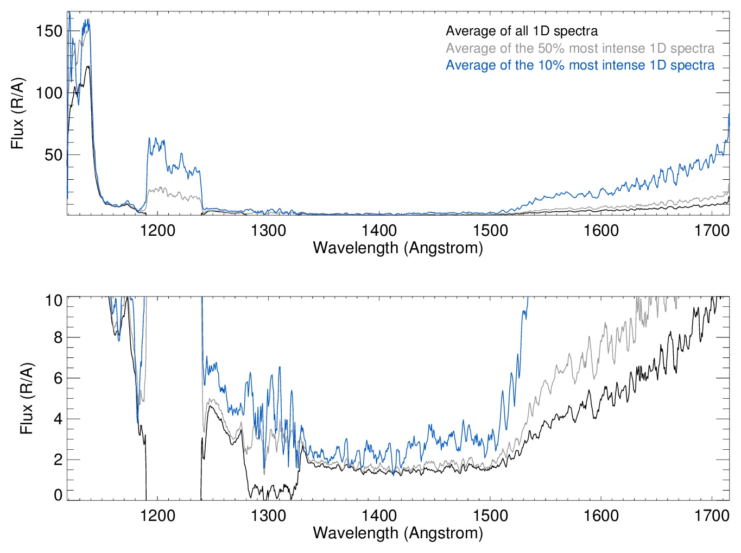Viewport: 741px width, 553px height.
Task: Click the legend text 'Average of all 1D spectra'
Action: pos(521,32)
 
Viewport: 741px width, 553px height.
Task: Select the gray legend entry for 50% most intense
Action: pos(580,48)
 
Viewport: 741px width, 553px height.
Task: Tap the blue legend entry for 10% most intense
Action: pos(580,65)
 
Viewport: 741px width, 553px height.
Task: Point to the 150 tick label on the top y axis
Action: pos(49,31)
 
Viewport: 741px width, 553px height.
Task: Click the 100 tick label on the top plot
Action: pos(49,93)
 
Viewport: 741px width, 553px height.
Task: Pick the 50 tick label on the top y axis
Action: pos(53,155)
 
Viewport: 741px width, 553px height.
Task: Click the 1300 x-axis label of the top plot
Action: pos(268,230)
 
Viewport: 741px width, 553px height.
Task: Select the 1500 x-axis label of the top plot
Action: pos(490,230)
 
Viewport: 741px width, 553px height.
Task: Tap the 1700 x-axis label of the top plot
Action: pos(712,230)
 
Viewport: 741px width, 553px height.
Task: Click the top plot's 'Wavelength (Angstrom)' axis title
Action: pos(398,248)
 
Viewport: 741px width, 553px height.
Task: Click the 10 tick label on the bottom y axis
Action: pos(53,300)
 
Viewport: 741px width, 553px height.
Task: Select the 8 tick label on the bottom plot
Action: pos(58,337)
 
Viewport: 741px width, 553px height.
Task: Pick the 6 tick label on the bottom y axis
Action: pos(58,378)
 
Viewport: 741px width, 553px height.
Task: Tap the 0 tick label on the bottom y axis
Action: pos(58,494)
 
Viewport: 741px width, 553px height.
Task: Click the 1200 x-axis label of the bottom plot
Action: pos(157,515)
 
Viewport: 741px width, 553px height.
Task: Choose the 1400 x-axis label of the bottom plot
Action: pos(379,515)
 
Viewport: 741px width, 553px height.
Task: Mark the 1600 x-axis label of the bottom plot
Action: pos(601,515)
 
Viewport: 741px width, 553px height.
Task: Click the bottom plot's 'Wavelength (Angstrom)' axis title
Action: pos(398,532)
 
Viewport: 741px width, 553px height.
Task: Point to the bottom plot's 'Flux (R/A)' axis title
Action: pos(27,398)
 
